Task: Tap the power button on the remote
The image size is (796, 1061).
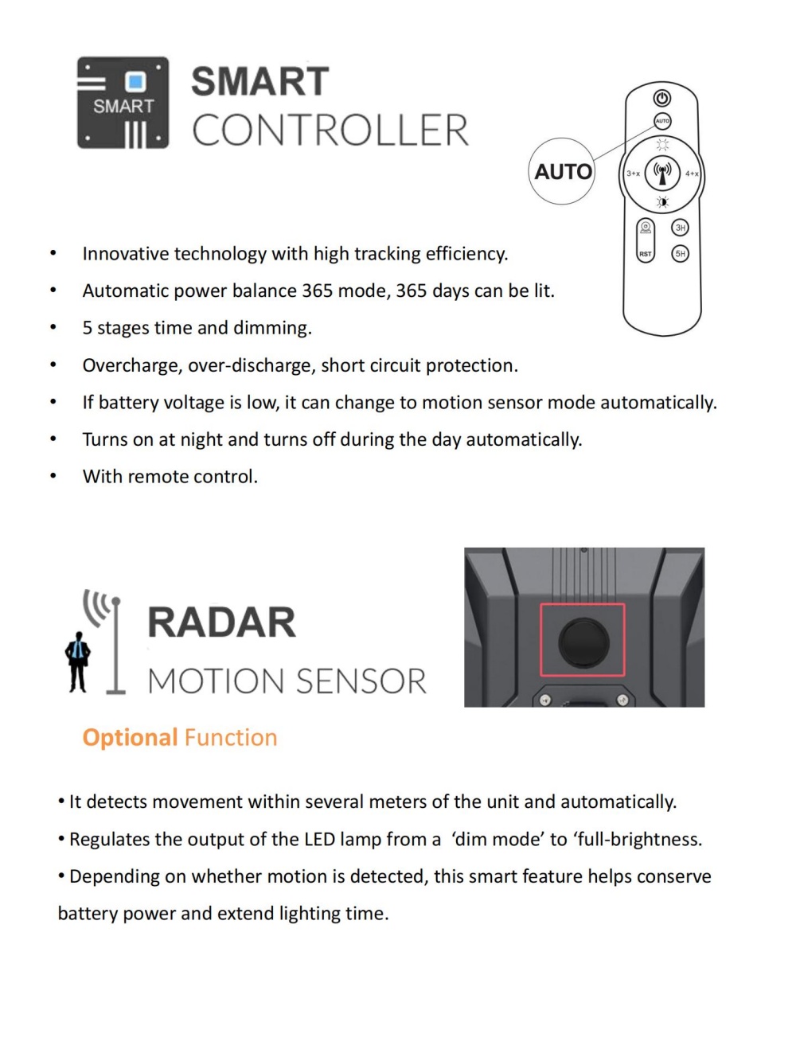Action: pos(662,98)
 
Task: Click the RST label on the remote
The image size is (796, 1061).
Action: pos(645,254)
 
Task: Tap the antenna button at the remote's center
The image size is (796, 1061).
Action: pos(662,171)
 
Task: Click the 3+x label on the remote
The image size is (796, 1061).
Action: pos(633,174)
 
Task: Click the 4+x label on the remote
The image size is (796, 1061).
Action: pos(692,174)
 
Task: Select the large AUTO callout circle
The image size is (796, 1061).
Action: pos(562,171)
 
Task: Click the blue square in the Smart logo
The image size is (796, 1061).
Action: pos(135,81)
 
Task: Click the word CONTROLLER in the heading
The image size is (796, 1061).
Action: pos(330,131)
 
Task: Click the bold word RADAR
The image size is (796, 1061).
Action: pos(221,622)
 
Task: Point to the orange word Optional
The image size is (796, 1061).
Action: pos(130,738)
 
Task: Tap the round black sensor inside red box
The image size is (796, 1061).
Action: pos(583,642)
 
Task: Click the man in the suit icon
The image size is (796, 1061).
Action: pos(77,661)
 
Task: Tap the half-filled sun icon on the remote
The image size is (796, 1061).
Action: pos(662,202)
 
